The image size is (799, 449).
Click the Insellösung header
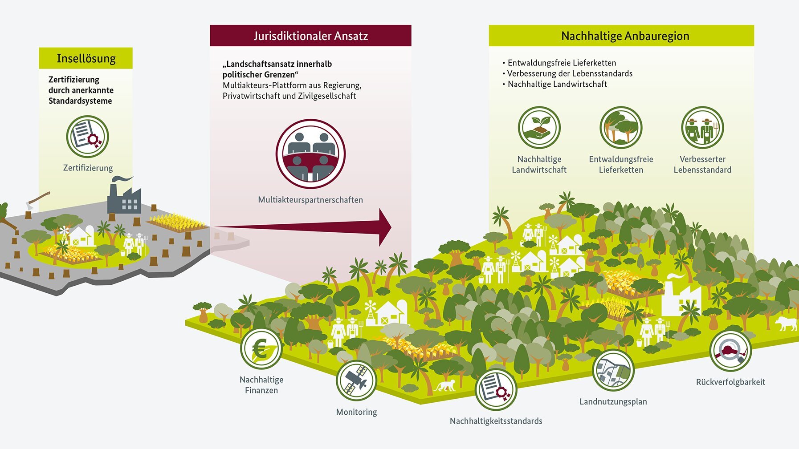86,58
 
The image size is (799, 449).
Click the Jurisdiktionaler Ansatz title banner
310,36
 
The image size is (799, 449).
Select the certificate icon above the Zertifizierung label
88,137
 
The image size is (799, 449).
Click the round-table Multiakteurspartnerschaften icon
310,154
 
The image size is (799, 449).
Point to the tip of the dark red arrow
390,227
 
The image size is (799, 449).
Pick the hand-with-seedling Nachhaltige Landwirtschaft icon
539,128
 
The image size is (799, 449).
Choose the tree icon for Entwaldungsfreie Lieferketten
621,128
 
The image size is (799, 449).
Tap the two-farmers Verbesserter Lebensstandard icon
702,128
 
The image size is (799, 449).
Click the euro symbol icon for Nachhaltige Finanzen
261,349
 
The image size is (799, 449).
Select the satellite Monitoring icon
356,381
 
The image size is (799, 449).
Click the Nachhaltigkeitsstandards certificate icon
496,390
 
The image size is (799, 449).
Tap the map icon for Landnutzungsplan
613,371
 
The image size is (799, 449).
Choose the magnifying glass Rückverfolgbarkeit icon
730,351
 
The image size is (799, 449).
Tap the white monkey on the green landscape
445,385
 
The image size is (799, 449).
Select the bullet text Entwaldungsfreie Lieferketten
562,63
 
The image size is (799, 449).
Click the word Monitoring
356,412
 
